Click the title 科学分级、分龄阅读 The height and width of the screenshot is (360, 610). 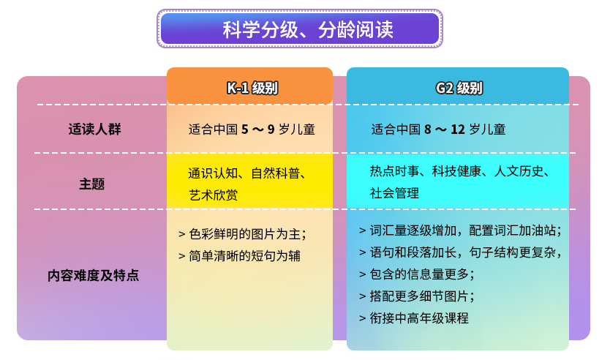coord(308,29)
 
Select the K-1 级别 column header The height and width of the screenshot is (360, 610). coord(252,88)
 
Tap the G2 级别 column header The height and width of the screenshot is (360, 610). coord(459,88)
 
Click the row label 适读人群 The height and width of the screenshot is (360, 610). coord(94,130)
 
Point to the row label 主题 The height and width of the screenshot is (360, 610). coord(92,184)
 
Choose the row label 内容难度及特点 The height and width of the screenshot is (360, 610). coord(93,276)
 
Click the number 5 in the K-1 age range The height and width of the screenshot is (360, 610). coord(245,130)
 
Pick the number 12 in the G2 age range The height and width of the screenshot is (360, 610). coord(458,130)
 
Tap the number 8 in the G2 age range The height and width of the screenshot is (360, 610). coord(428,130)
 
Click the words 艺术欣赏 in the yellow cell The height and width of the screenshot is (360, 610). coord(213,195)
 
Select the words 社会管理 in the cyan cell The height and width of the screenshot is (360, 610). coord(394,193)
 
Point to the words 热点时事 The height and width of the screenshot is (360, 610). coord(394,171)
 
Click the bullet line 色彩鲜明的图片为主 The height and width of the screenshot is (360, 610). coord(242,234)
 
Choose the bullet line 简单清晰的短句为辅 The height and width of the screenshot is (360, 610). coord(239,256)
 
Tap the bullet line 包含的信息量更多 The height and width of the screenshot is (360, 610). coord(417,274)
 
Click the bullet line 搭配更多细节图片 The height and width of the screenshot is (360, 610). coord(417,296)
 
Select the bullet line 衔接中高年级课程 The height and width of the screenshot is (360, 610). coord(414,318)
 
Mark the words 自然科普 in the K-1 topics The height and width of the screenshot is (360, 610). coord(275,173)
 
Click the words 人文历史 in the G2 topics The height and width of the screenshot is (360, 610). coord(519,171)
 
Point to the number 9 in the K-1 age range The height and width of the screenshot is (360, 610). coord(271,130)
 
